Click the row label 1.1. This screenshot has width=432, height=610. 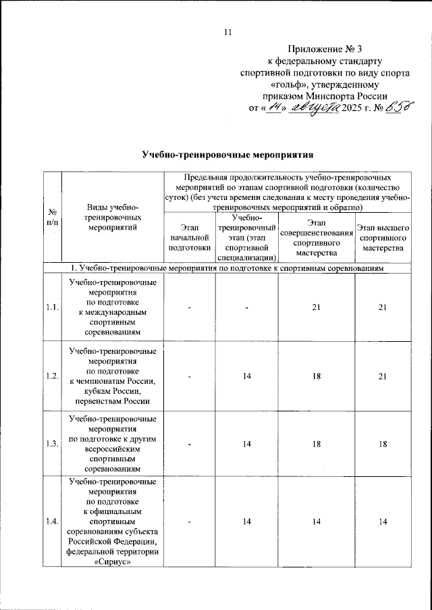(x=52, y=307)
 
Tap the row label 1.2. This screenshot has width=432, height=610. (x=52, y=376)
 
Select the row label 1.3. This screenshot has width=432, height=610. (x=52, y=443)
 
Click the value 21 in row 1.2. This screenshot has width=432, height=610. (x=383, y=376)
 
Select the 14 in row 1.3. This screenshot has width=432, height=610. (x=247, y=443)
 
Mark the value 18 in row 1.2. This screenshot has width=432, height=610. (x=317, y=376)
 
